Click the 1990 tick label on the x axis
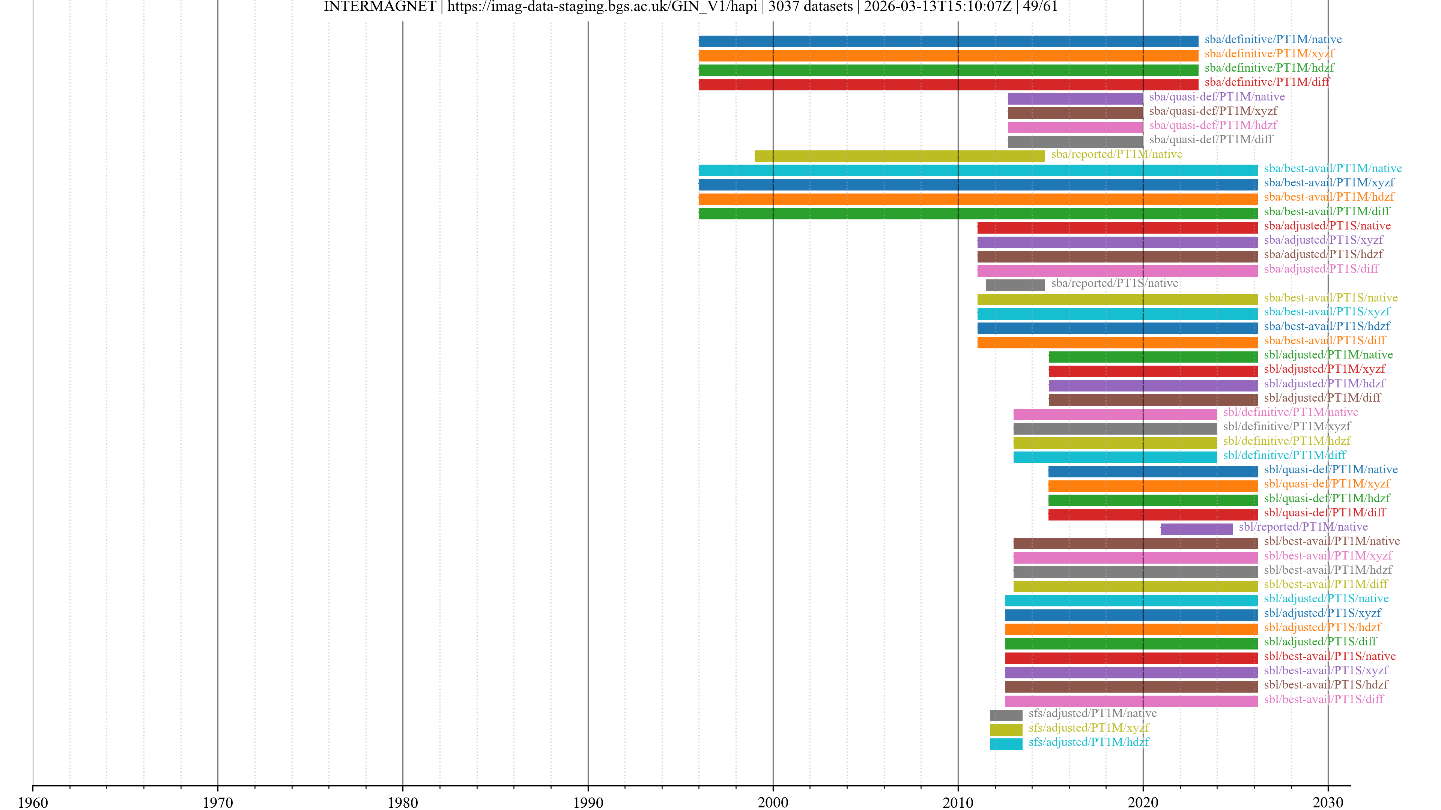pyautogui.click(x=588, y=802)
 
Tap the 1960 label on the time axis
pyautogui.click(x=33, y=802)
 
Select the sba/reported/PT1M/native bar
pyautogui.click(x=899, y=156)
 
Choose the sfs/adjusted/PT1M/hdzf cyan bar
pyautogui.click(x=1006, y=744)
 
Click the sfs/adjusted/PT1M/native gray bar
pyautogui.click(x=1006, y=715)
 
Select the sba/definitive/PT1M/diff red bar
pyautogui.click(x=948, y=84)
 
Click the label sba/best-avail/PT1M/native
pyautogui.click(x=1333, y=168)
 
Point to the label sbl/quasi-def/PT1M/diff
pyautogui.click(x=1325, y=513)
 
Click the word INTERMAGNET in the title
pyautogui.click(x=379, y=7)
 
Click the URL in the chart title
pyautogui.click(x=602, y=7)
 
